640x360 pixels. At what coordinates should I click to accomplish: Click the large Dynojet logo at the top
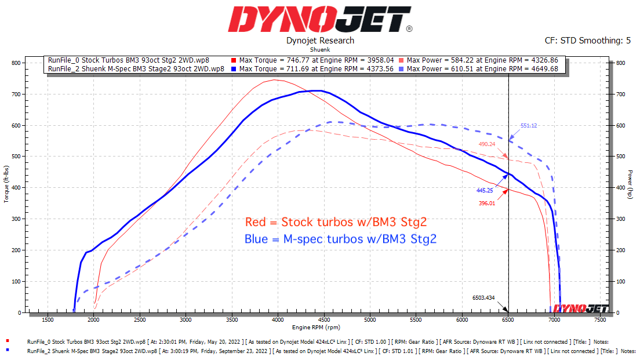319,20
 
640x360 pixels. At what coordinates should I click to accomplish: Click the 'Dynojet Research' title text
320,41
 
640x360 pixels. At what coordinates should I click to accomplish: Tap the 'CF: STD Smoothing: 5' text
588,41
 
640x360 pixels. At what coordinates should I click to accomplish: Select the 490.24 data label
488,144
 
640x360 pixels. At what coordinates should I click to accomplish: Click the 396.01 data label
487,203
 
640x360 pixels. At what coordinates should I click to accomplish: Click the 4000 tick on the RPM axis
277,319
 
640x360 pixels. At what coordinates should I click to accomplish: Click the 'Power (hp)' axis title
630,185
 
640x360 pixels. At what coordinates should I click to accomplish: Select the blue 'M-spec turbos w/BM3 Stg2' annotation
340,239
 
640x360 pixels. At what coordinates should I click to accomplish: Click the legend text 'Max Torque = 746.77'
274,60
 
